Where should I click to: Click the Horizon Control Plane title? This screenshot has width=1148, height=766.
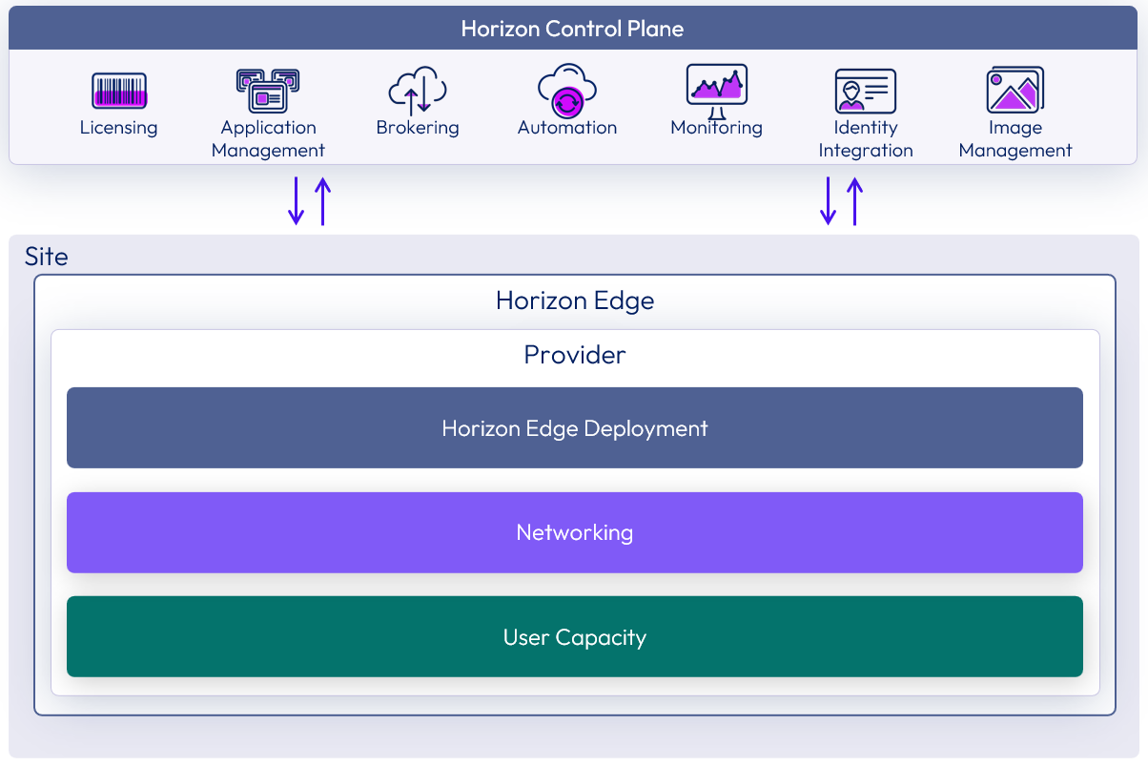tap(572, 29)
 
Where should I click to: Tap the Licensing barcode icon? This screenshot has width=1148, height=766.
tap(119, 91)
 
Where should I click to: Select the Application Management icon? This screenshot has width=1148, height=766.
tap(268, 91)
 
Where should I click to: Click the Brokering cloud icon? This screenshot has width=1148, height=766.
tap(418, 91)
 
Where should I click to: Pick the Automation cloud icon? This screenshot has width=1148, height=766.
tap(567, 90)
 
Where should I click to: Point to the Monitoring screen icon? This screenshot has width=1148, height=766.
tap(717, 87)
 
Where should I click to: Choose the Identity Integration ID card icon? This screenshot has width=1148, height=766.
tap(866, 92)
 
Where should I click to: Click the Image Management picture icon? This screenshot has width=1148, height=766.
tap(1015, 91)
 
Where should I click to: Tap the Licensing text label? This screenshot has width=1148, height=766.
tap(119, 128)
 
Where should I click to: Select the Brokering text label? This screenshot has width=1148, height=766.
tap(418, 128)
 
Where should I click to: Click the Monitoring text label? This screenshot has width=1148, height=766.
tap(717, 128)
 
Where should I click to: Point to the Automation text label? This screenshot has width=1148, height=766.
tap(567, 128)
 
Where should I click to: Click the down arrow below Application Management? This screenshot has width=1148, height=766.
tap(297, 200)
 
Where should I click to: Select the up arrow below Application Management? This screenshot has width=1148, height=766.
tap(323, 200)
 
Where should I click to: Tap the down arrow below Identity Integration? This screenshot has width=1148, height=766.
tap(829, 200)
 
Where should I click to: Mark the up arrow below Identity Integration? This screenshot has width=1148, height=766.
tap(855, 200)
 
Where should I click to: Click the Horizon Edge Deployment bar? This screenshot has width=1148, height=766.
tap(575, 428)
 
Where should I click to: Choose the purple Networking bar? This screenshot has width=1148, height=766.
tap(575, 532)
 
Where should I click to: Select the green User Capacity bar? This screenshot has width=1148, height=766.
tap(575, 637)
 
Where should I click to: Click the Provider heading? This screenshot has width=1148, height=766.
tap(575, 355)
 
